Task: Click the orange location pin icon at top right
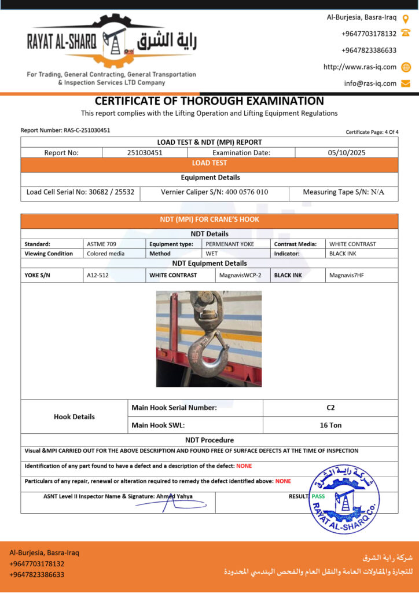coord(406,19)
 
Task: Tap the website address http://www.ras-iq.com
coord(359,67)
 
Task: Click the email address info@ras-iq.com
coord(370,83)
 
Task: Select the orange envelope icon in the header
coord(406,83)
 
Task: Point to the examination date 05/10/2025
coord(346,153)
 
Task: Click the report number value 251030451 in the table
coord(145,153)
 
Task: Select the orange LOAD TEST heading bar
coord(209,163)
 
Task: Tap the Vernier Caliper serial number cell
coord(214,192)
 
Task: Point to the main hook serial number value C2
coord(330,408)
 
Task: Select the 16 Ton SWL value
coord(330,425)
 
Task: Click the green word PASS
coord(318,496)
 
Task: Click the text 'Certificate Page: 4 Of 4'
coord(372,132)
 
